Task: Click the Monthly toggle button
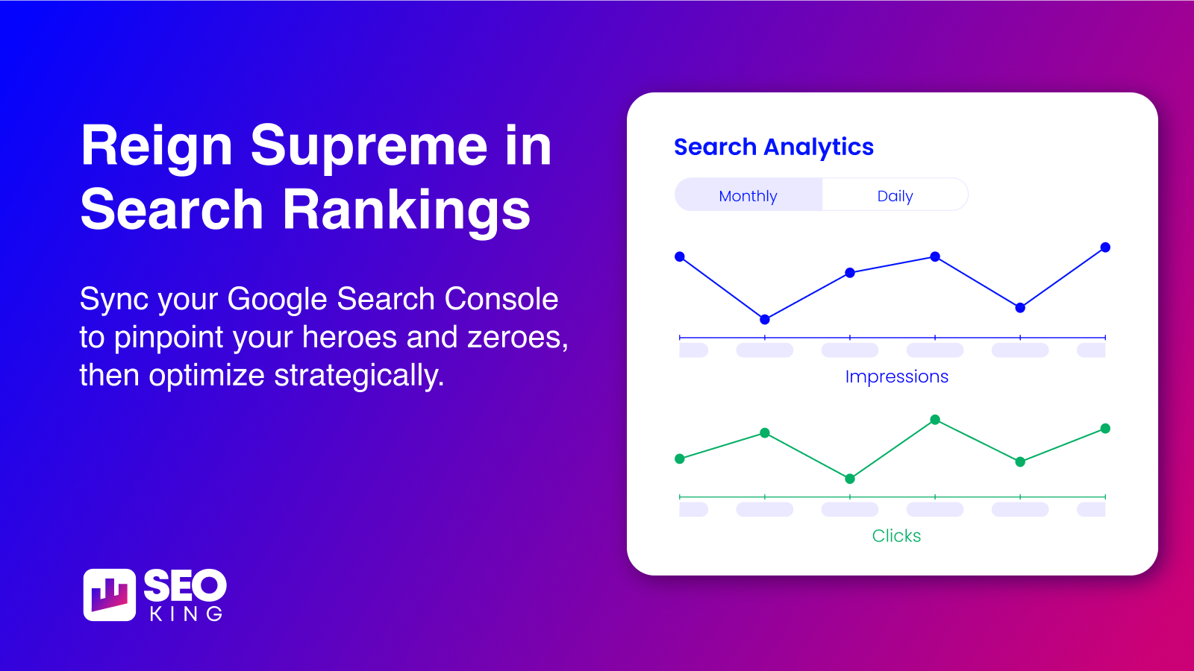coord(748,195)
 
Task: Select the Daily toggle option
coord(895,195)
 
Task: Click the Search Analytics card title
coord(773,147)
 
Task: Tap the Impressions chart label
coord(896,377)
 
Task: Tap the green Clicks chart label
coord(896,536)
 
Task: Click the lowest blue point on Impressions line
coord(765,320)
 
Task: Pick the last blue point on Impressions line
coord(1105,247)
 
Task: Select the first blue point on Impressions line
coord(680,256)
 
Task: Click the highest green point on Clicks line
coord(935,420)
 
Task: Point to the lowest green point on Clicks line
coord(850,479)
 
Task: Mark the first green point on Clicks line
coord(680,459)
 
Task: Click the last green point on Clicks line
coord(1105,428)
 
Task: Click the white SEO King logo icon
coord(109,595)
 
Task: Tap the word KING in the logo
coord(186,614)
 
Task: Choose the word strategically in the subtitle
coord(359,376)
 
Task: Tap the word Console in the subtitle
coord(501,299)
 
